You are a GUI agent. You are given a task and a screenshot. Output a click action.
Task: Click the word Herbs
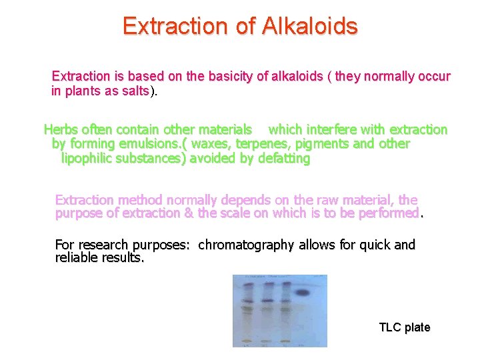point(60,129)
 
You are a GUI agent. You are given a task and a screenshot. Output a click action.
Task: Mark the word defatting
point(282,159)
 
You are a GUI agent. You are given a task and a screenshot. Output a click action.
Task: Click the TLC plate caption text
point(404,327)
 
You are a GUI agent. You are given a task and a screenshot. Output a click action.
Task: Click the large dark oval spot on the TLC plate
point(305,293)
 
